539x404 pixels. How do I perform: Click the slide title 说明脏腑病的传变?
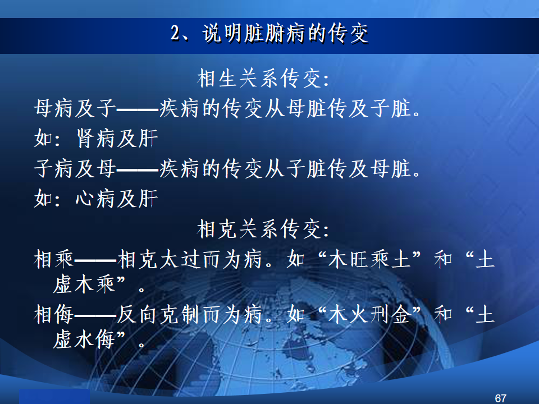[285, 34]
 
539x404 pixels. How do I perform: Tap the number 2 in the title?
[175, 34]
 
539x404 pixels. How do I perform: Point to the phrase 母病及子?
[75, 108]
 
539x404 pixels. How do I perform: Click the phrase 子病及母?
[75, 169]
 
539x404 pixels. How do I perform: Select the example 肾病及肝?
[117, 139]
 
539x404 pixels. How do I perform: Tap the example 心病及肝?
[117, 199]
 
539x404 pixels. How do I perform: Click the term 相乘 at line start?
[54, 259]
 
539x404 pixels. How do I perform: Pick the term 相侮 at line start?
[54, 314]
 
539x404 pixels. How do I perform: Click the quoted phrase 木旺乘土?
[369, 259]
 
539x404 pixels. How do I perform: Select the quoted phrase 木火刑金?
[369, 314]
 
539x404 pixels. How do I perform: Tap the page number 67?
[500, 398]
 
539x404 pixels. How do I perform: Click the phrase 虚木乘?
[84, 284]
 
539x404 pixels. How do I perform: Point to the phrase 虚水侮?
[84, 340]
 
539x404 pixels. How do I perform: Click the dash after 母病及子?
[138, 110]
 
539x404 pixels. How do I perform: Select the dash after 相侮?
[95, 315]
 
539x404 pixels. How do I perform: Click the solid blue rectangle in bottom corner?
[54, 397]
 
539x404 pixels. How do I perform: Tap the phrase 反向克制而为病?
[189, 314]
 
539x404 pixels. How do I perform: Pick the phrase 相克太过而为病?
[189, 259]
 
